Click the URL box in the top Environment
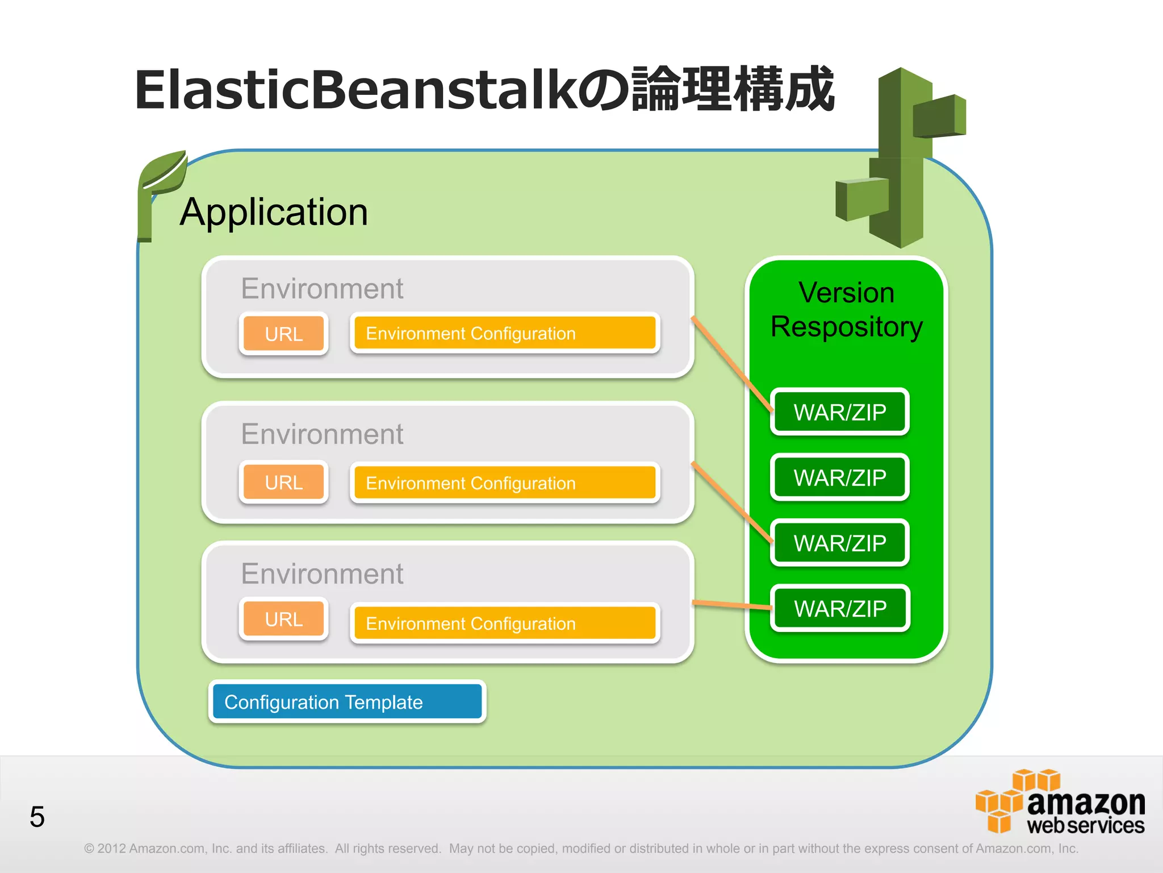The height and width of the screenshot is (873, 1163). [283, 334]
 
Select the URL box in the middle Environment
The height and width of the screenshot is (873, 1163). [283, 482]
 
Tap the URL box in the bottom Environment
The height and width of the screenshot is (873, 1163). [283, 619]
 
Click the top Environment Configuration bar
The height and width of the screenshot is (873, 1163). [504, 333]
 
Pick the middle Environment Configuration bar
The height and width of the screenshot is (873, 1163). [504, 483]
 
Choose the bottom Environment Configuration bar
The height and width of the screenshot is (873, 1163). [504, 623]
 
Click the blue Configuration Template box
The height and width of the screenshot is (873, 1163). [347, 702]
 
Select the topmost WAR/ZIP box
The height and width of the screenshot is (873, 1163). [839, 412]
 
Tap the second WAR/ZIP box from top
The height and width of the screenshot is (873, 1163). [839, 477]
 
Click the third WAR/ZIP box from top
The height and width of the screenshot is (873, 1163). [839, 543]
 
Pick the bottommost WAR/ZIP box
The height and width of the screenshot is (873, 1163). [839, 608]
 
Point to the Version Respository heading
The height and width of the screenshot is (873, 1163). [846, 310]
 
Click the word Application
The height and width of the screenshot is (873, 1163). [274, 212]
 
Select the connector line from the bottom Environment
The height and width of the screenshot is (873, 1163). [731, 605]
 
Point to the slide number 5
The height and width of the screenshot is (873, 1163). [37, 817]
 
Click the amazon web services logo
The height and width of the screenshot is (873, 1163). [1060, 803]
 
